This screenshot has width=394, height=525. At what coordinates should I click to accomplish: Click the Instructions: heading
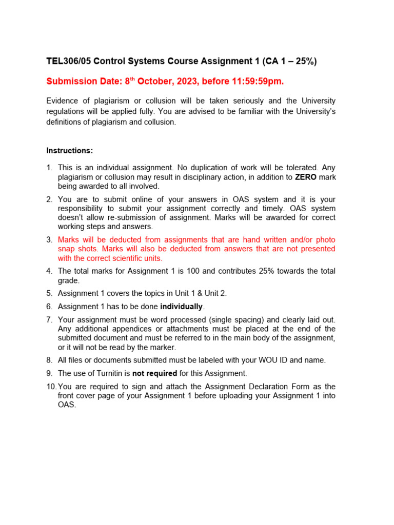(x=70, y=151)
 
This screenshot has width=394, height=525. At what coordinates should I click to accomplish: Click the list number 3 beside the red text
(x=49, y=239)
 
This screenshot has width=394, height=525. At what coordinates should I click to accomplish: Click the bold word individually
(x=182, y=307)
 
